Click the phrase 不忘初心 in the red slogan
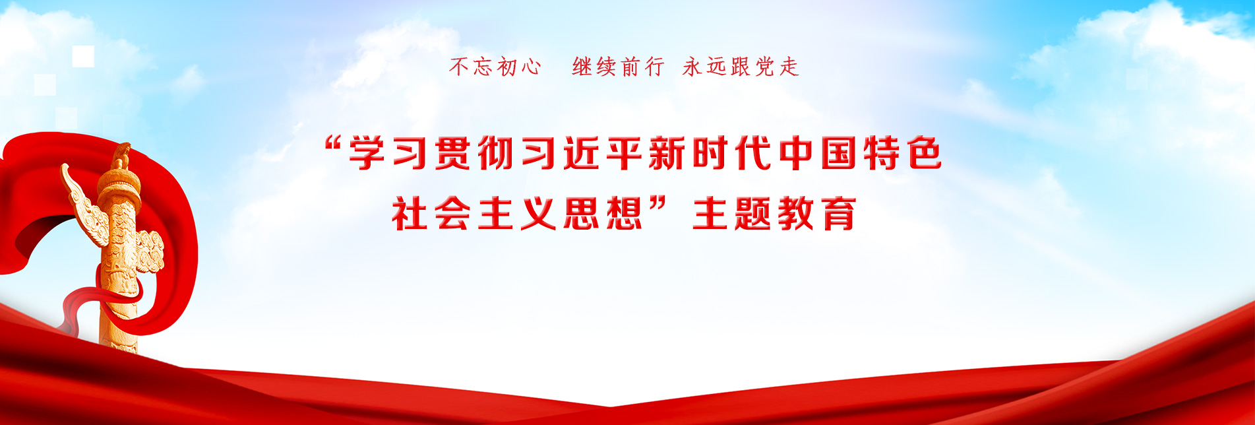click(x=495, y=67)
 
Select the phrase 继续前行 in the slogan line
click(x=618, y=67)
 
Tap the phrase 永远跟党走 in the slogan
click(x=741, y=67)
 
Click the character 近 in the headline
click(x=580, y=153)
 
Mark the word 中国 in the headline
click(x=816, y=153)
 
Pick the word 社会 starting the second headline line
click(x=431, y=213)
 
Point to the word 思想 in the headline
click(x=602, y=213)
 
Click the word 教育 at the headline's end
click(x=816, y=213)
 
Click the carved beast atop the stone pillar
click(x=120, y=156)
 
